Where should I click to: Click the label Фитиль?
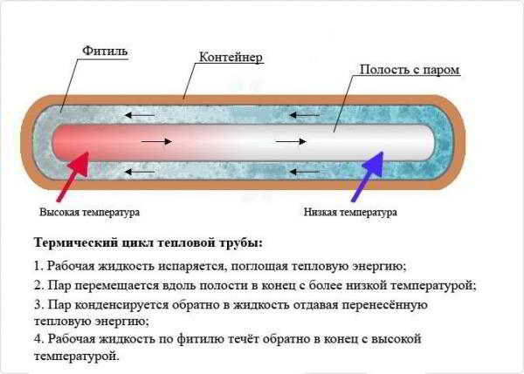pyautogui.click(x=105, y=51)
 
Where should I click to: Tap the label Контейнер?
pyautogui.click(x=231, y=57)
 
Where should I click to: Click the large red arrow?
pyautogui.click(x=72, y=177)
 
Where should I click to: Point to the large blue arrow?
pyautogui.click(x=368, y=177)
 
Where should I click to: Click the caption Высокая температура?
pyautogui.click(x=90, y=212)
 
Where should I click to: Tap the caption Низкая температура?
pyautogui.click(x=350, y=212)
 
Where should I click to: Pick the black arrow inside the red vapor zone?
pyautogui.click(x=156, y=142)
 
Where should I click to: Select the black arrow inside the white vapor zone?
pyautogui.click(x=291, y=142)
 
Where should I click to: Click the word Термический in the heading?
pyautogui.click(x=76, y=242)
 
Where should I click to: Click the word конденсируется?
pyautogui.click(x=121, y=305)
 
